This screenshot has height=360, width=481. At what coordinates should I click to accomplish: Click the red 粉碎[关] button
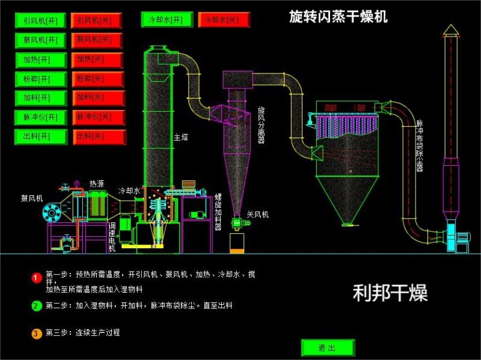pos(98,79)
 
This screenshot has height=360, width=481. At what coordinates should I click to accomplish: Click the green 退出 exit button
pos(328,348)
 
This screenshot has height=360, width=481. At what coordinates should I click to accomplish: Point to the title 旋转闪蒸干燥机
pos(339,17)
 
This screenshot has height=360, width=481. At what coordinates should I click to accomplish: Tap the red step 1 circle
pos(36,278)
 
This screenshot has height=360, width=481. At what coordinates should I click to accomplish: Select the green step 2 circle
pos(36,306)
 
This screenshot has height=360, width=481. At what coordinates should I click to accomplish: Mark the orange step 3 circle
pos(36,333)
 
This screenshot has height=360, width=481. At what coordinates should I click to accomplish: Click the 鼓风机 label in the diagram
pos(32,197)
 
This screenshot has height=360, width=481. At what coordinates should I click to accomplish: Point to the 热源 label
pos(96,184)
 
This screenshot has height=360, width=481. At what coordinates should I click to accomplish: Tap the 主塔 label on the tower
pos(181,137)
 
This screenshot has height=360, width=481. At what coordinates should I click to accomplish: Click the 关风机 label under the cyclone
pos(258,214)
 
